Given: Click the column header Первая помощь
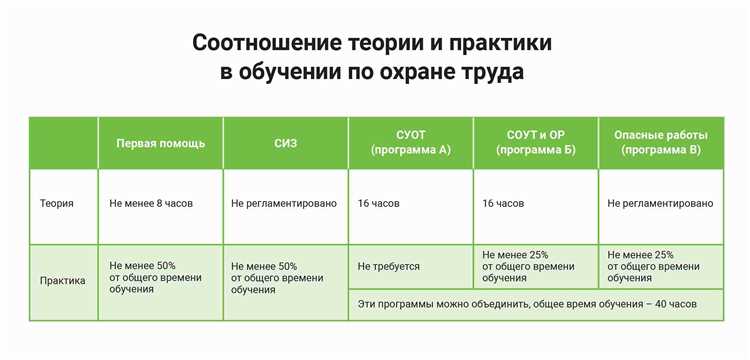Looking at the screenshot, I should [160, 143].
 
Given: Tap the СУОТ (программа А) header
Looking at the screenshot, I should [410, 142].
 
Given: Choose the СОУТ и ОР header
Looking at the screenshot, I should [535, 142].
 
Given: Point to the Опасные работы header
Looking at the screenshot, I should [660, 142].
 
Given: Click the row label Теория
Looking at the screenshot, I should [56, 203].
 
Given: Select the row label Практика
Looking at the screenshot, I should [62, 281].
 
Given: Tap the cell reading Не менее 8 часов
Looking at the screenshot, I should [151, 203].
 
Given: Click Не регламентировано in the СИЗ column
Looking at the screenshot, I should [284, 203].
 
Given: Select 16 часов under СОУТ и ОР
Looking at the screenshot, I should [503, 203].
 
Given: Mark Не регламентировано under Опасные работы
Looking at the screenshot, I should [660, 203].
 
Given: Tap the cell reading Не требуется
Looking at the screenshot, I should [388, 267].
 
